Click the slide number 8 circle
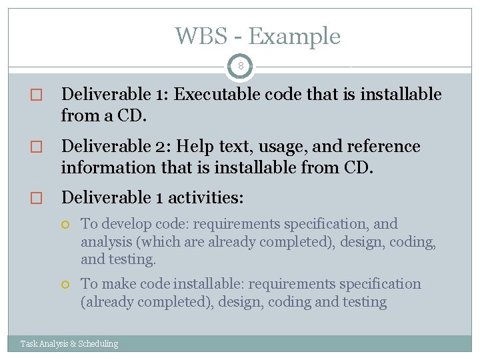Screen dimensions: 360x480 click(240, 66)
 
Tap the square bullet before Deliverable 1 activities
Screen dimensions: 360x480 click(37, 199)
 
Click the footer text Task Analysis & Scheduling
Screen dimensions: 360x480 click(69, 344)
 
